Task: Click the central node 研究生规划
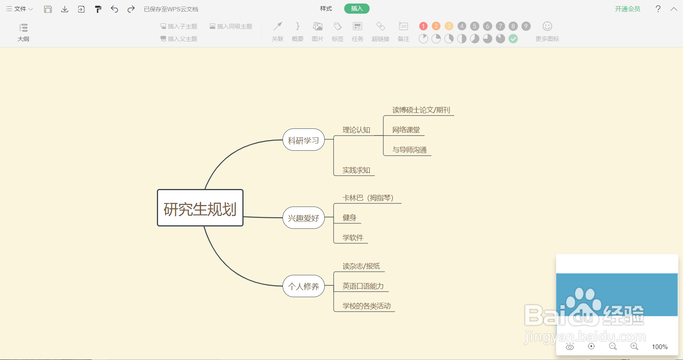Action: (200, 208)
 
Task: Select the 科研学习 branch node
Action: (304, 140)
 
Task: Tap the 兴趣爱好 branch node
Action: (304, 218)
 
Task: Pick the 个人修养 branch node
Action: (304, 286)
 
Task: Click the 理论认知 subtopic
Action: (356, 130)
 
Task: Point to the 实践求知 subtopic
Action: (356, 170)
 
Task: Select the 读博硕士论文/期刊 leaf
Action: (421, 110)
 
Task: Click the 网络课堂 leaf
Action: (406, 130)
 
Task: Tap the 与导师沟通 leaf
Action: (409, 150)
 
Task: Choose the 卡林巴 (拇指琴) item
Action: (368, 198)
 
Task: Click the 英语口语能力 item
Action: (363, 286)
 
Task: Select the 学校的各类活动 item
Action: (366, 306)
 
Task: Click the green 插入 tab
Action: (357, 9)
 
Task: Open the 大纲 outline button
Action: (23, 32)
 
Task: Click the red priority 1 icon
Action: (423, 26)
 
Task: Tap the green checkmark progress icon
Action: (513, 39)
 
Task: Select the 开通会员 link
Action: (628, 9)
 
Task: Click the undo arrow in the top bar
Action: (114, 9)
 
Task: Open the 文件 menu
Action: (20, 9)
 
